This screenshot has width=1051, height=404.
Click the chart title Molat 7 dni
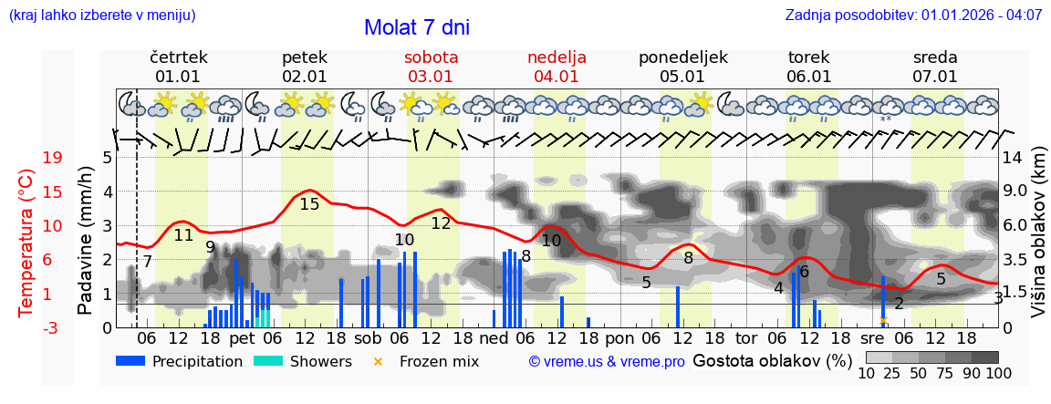pos(416,27)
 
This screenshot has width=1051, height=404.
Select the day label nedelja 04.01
pos(557,67)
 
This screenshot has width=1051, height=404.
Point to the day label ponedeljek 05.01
pos(682,67)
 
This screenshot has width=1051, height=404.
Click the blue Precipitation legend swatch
pos(130,361)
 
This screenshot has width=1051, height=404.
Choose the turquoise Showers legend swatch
pos(268,361)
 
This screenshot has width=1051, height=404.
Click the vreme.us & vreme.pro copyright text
pos(607,362)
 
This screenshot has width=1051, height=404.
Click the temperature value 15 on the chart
pos(309,204)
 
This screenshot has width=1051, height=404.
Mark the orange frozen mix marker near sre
pos(883,320)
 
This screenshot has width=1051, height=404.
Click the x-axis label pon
pos(619,338)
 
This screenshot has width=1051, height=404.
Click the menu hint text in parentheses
pos(101,15)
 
